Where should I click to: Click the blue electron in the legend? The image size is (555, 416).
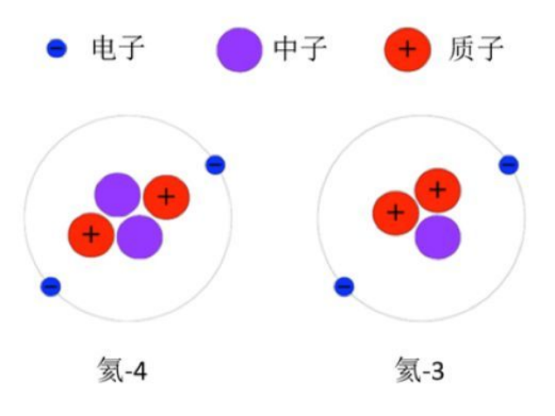57,48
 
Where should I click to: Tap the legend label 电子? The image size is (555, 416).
118,48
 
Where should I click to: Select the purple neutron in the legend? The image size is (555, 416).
239,50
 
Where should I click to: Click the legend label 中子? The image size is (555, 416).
300,48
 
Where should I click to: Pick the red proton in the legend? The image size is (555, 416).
408,49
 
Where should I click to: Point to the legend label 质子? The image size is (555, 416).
475,48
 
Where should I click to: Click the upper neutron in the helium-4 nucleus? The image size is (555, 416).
117,195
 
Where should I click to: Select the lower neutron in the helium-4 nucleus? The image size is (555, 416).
140,237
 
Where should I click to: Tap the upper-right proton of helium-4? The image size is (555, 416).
166,198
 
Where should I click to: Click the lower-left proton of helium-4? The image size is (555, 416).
91,235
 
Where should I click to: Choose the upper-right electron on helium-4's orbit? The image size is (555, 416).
215,165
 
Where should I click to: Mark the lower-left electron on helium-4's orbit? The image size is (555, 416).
51,287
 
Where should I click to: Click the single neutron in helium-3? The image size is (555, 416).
438,238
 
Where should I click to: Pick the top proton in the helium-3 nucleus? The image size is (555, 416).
438,191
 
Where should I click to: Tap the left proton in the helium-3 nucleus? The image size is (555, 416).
396,213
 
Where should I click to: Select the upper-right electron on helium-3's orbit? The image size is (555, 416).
509,165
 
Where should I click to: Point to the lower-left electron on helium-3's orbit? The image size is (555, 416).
344,287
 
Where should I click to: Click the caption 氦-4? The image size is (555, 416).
122,370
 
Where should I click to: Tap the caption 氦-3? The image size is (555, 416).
420,370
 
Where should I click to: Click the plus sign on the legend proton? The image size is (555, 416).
407,49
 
